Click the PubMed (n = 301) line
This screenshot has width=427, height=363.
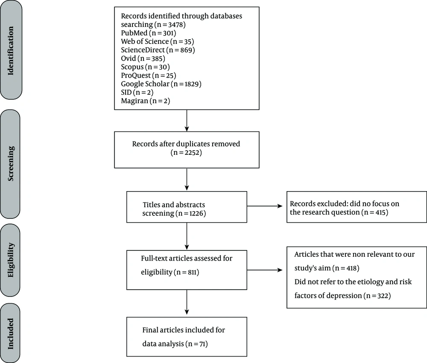pos(149,33)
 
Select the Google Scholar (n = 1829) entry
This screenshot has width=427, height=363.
pos(161,84)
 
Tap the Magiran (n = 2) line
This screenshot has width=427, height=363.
pos(146,101)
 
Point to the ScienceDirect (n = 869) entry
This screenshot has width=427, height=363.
pos(158,50)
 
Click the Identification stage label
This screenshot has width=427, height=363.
pos(10,51)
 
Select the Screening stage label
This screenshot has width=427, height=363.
pos(10,163)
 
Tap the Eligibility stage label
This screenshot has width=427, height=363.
pos(10,260)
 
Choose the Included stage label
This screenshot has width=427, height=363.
pos(10,334)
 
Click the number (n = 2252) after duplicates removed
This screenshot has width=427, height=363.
pos(186,152)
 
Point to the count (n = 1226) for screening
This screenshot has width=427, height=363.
pos(190,213)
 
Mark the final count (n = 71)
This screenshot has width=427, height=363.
pos(196,344)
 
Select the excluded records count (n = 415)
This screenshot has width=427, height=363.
pos(375,212)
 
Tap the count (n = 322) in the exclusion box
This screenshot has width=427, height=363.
pos(377,296)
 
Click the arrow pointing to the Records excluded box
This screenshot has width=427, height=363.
pos(265,206)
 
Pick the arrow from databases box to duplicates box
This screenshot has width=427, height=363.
pos(187,121)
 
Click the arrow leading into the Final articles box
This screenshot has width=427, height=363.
pos(187,302)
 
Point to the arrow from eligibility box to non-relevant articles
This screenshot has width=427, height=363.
pos(265,270)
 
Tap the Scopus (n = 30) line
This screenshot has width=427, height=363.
pos(146,67)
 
